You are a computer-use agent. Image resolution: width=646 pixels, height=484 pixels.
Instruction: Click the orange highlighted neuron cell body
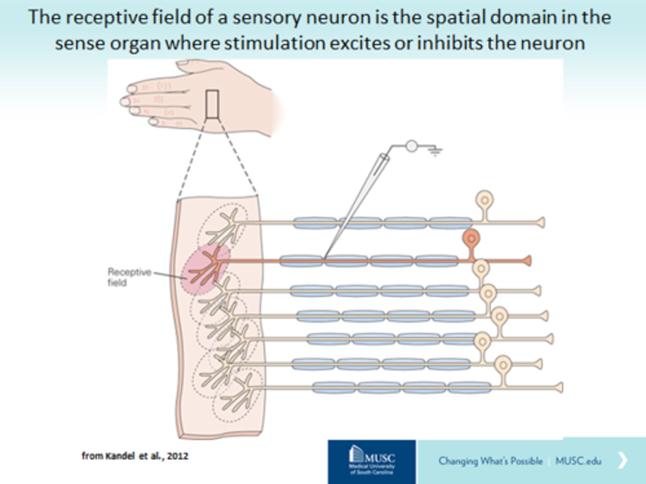[471, 238]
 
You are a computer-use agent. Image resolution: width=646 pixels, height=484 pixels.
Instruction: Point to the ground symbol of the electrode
[435, 151]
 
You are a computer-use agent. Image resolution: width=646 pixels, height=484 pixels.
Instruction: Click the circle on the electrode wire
[411, 146]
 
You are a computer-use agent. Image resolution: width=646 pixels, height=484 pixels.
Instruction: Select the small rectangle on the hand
[212, 104]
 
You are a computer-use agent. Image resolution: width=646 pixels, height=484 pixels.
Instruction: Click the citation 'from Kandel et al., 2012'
[135, 456]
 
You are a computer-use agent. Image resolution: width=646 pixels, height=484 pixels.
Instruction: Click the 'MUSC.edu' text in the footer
[578, 461]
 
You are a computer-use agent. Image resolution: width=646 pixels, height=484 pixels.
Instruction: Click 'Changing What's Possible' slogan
[490, 461]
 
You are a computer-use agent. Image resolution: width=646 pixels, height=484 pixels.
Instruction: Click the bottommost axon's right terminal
[559, 387]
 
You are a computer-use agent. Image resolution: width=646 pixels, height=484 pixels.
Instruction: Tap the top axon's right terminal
[541, 222]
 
